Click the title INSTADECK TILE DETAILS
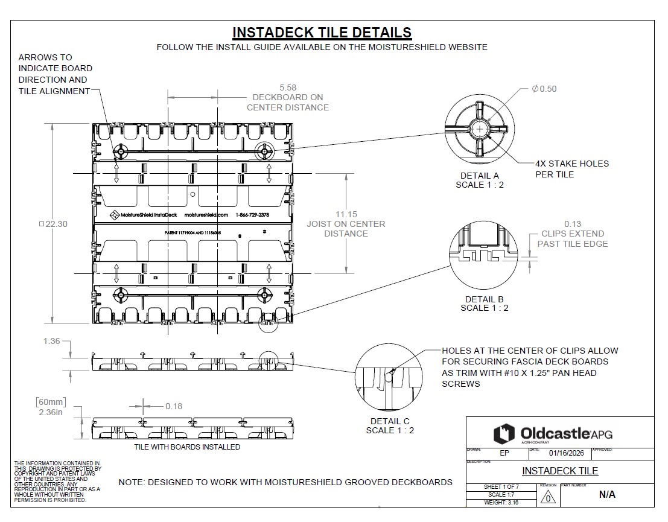(322, 33)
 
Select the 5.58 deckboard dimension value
(287, 88)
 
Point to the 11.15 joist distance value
(346, 214)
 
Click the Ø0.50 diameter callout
(544, 89)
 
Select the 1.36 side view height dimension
(51, 342)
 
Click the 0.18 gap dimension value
(174, 406)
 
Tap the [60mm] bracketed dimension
(51, 402)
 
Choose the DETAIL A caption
(479, 176)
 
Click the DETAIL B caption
(484, 299)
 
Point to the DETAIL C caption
(390, 421)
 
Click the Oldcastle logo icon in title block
(504, 433)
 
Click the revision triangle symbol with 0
(547, 498)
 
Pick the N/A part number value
(607, 495)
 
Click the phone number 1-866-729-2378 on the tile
(252, 215)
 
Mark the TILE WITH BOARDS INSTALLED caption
(187, 447)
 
